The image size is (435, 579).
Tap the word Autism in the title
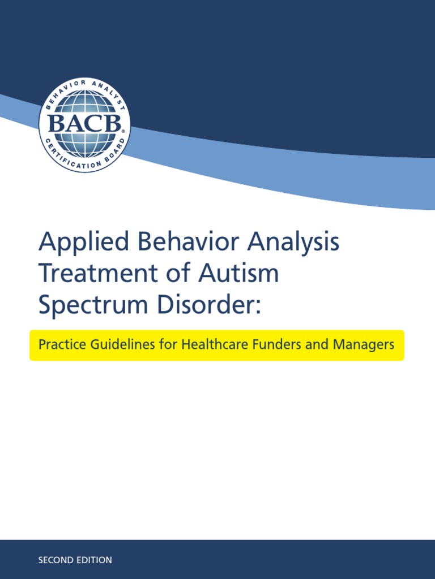[x=238, y=274]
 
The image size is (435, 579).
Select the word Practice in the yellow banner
[x=60, y=345]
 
